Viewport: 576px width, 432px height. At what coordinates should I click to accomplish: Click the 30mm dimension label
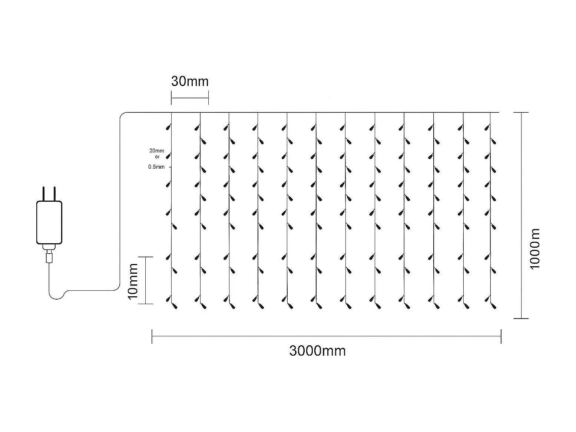click(x=190, y=81)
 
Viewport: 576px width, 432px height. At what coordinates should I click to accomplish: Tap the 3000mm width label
click(x=317, y=350)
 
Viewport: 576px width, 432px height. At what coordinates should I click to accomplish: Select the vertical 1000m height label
click(x=535, y=249)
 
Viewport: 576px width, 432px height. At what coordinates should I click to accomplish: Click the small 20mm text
click(x=156, y=151)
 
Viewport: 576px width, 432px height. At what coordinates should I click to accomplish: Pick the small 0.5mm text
click(x=156, y=167)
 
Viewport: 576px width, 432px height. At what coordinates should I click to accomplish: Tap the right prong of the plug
click(x=54, y=194)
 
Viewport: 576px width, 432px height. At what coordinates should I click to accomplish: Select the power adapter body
click(x=49, y=222)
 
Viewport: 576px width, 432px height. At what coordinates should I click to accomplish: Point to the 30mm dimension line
click(x=190, y=98)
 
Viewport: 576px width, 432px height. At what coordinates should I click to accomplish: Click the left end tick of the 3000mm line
click(x=152, y=336)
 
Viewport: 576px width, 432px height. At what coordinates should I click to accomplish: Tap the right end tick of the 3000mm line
click(x=501, y=336)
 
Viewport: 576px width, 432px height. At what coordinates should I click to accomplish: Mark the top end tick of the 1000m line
click(x=522, y=112)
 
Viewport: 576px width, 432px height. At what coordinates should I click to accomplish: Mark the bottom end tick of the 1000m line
click(x=522, y=318)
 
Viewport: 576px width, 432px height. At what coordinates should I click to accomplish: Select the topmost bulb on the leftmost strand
click(x=168, y=128)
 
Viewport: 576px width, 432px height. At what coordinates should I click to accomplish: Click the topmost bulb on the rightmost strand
click(x=487, y=128)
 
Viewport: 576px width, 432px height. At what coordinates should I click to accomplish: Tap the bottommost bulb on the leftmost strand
click(x=174, y=306)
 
